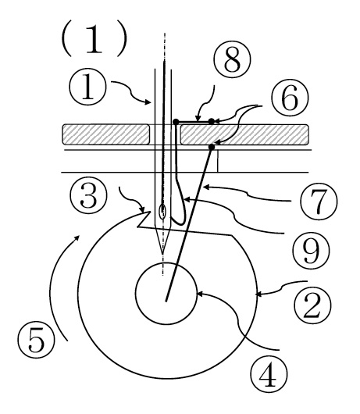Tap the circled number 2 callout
click(x=312, y=305)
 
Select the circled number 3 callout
click(x=89, y=195)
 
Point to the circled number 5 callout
click(x=36, y=339)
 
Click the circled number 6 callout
click(x=290, y=98)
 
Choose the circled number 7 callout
click(x=319, y=202)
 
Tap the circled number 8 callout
click(x=232, y=59)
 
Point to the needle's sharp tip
click(x=162, y=255)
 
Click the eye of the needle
click(x=163, y=211)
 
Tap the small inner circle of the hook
click(x=166, y=294)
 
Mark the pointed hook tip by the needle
click(x=150, y=212)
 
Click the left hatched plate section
click(x=106, y=134)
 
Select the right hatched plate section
click(x=244, y=134)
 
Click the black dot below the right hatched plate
click(x=212, y=147)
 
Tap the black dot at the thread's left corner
click(x=176, y=122)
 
